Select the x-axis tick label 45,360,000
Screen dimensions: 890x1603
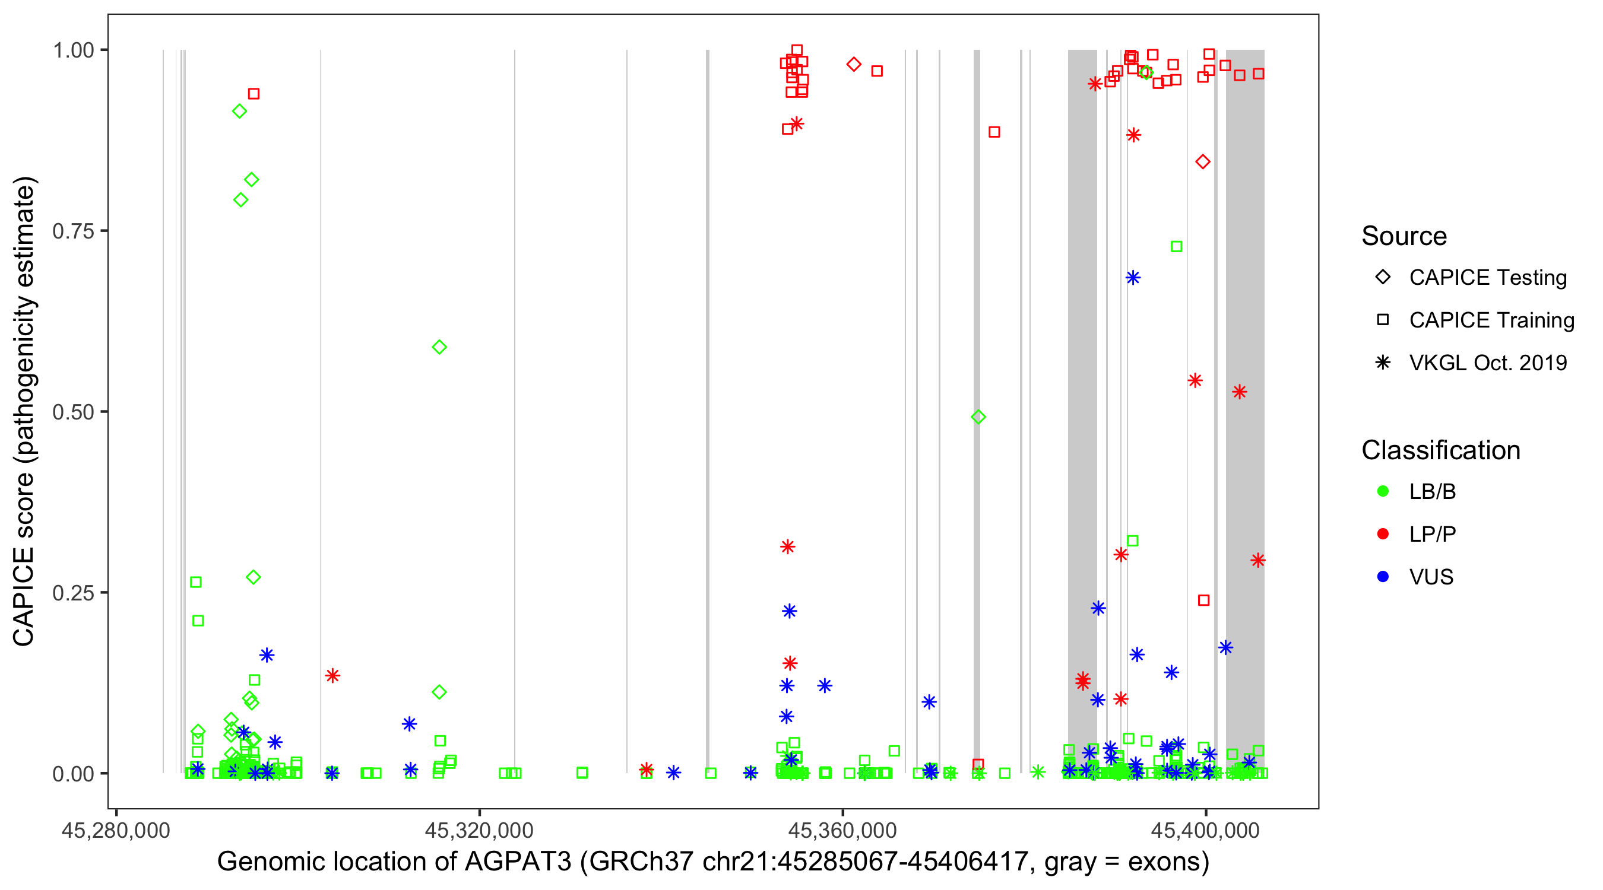[842, 830]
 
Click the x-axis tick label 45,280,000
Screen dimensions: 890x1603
[116, 830]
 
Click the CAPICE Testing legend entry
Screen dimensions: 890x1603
[1487, 278]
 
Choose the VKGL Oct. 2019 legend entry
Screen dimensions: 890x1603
[1487, 363]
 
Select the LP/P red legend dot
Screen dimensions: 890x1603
[1383, 534]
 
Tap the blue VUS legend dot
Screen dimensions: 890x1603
[1383, 577]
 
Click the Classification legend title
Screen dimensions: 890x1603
[1440, 450]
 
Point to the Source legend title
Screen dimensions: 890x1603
[1404, 236]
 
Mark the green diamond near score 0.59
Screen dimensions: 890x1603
[439, 347]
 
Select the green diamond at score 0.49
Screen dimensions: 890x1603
[978, 417]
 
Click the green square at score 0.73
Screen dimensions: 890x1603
[1176, 247]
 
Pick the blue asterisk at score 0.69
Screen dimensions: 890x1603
[1133, 278]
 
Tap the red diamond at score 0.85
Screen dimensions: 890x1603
[1203, 163]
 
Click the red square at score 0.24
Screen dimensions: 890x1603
[1203, 600]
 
